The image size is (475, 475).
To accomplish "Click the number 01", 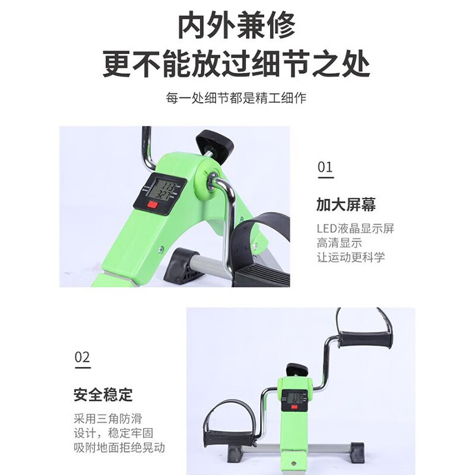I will (x=325, y=167).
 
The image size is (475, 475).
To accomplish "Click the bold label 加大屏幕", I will (x=346, y=205).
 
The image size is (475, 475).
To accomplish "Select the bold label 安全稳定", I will (x=103, y=394).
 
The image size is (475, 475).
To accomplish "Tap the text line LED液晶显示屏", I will (x=355, y=229).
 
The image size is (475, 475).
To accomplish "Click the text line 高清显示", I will (x=339, y=243).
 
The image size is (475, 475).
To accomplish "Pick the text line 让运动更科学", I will (x=350, y=257).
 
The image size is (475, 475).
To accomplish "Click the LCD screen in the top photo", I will (x=161, y=189).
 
